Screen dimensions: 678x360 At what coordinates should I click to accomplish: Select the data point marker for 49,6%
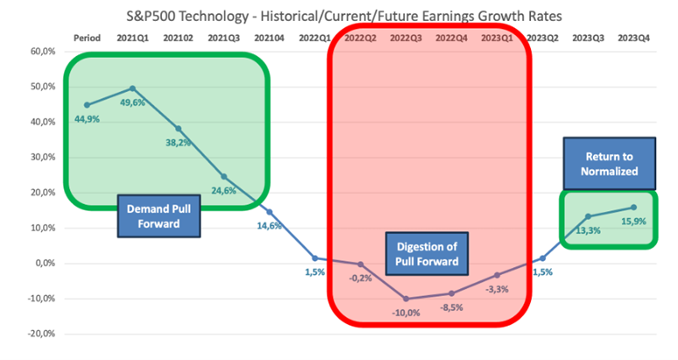133,88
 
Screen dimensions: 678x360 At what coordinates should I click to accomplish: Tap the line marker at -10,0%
406,299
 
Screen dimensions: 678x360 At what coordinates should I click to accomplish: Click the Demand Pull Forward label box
159,216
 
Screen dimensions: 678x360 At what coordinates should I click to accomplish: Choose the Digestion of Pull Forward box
427,254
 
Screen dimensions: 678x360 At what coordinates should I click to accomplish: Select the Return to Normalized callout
610,164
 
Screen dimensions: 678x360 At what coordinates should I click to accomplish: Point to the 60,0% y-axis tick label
43,52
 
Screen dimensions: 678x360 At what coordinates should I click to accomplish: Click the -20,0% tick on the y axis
41,334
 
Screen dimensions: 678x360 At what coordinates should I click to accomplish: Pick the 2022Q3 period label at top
406,38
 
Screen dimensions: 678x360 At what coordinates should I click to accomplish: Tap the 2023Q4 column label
634,38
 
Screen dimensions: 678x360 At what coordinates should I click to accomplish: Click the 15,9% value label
634,222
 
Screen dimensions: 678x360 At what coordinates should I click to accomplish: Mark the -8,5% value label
451,307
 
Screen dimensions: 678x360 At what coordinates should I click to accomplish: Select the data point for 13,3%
588,216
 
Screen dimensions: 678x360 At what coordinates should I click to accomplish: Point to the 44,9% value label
87,119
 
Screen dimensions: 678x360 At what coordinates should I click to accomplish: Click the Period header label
87,38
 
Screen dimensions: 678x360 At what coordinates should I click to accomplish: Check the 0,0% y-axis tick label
45,263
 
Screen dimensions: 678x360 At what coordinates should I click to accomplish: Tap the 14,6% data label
270,226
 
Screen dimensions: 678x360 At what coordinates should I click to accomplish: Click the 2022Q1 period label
314,38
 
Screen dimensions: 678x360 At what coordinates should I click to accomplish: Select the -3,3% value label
497,290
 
